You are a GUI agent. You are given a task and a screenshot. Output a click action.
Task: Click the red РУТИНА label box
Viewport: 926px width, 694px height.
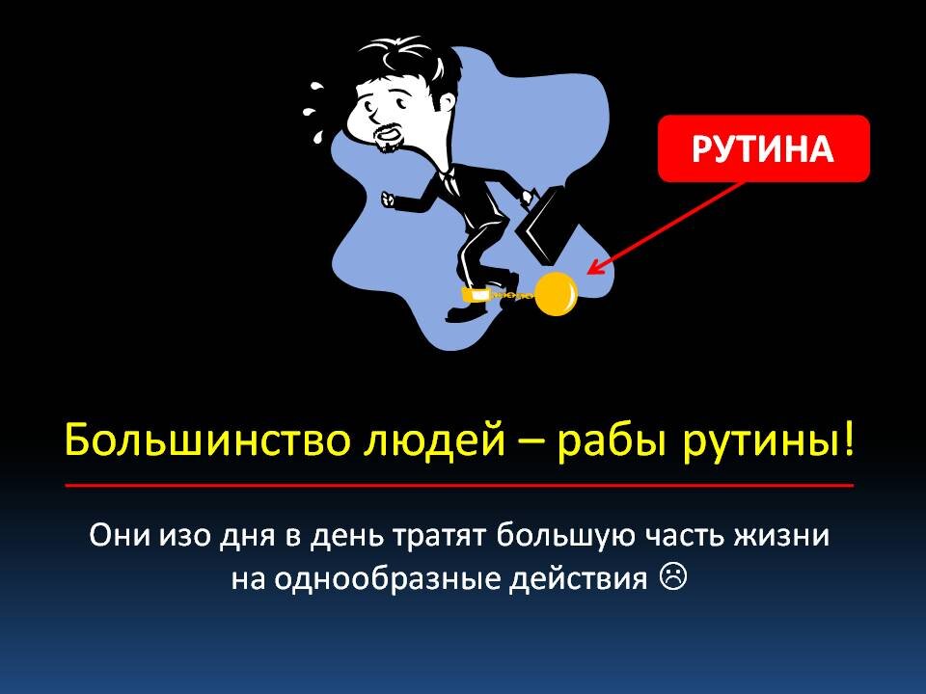coord(763,148)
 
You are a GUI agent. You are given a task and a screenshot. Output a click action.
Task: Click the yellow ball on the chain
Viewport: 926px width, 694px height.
coord(557,295)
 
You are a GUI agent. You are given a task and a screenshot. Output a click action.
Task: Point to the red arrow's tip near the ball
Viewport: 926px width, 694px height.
coord(590,272)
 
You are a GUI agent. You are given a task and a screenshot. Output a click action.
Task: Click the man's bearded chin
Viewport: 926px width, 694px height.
coord(388,138)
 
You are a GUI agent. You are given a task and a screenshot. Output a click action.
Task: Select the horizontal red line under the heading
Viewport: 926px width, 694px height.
coord(459,486)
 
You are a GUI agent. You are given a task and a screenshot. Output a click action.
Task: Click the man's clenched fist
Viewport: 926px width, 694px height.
coord(389,199)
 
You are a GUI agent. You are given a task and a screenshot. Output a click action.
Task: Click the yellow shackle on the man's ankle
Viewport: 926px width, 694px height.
coord(475,293)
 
